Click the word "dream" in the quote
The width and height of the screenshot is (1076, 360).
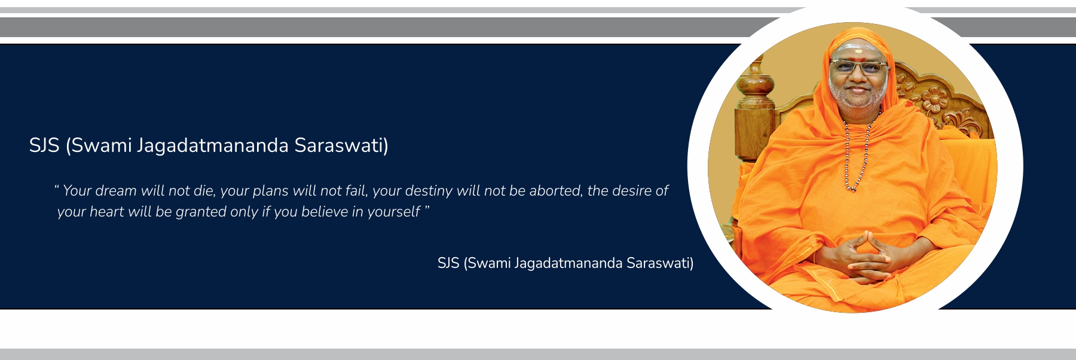(x=116, y=191)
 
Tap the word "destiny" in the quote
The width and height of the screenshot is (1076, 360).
(x=429, y=191)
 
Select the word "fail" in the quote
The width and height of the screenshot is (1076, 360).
(x=356, y=191)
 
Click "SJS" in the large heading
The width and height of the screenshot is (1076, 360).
(x=44, y=145)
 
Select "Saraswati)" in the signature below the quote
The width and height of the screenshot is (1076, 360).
(x=660, y=263)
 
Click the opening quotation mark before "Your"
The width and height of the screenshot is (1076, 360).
(x=57, y=187)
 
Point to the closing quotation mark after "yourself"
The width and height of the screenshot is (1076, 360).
(x=427, y=208)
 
